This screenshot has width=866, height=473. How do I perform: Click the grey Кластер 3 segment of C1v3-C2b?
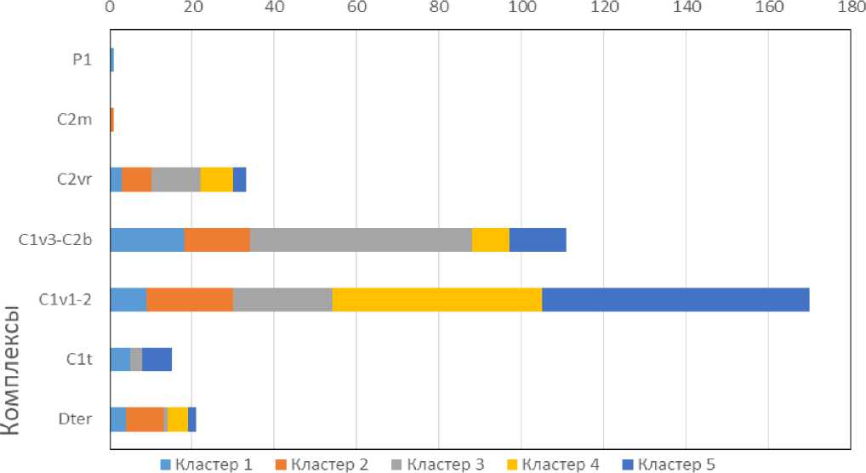[x=361, y=240]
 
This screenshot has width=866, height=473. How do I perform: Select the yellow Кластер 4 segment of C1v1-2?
[x=436, y=300]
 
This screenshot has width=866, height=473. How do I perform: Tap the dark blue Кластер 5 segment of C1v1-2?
[x=675, y=300]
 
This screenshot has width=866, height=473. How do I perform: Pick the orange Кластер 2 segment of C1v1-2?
[x=190, y=300]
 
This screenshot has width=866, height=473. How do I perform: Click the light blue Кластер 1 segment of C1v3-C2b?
[x=147, y=240]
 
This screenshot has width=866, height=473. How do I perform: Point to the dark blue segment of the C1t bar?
[x=157, y=360]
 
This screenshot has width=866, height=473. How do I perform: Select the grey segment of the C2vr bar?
[x=176, y=180]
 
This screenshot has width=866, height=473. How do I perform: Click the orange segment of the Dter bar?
[x=145, y=419]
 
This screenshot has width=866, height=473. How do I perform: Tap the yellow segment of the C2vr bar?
[x=217, y=180]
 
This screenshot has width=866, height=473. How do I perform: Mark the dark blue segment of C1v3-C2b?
[x=538, y=240]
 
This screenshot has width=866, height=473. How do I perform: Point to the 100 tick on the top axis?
[x=521, y=8]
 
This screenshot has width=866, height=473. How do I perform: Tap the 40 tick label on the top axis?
[x=274, y=8]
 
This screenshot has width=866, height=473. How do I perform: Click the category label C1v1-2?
[x=66, y=300]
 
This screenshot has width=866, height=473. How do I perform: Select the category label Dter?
[x=76, y=419]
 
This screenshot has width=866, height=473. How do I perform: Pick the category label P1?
[x=82, y=60]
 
